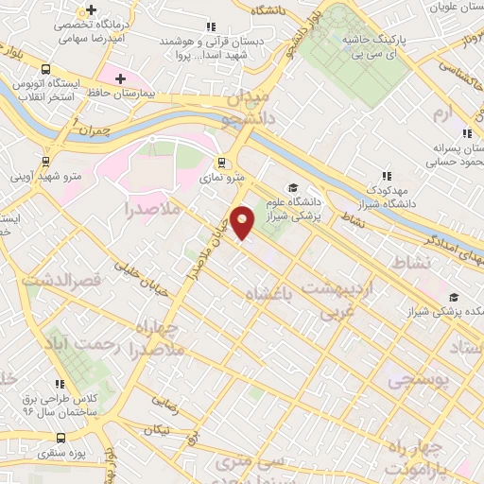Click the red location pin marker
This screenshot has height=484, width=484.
click(x=243, y=222)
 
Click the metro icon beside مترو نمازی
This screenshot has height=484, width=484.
click(x=220, y=161)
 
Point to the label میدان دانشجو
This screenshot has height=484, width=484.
click(x=248, y=110)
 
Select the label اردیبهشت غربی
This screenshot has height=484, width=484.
click(x=337, y=297)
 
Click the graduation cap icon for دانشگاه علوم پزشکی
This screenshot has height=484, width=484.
click(x=293, y=187)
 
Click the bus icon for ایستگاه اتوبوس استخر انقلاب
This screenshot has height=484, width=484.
click(x=44, y=69)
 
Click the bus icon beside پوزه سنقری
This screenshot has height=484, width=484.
click(x=61, y=438)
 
